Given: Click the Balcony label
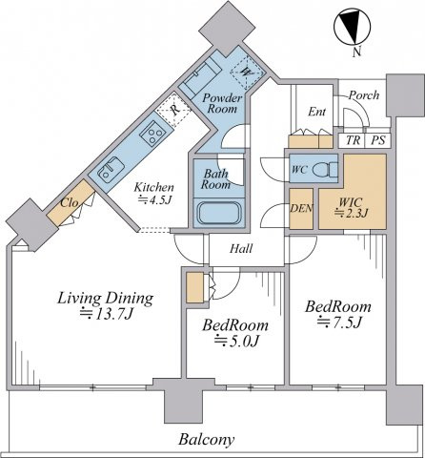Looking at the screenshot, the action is click(x=207, y=440).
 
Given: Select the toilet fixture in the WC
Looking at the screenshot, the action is click(x=325, y=170).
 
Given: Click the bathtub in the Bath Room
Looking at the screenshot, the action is click(x=219, y=213).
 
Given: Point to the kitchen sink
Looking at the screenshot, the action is click(x=111, y=170).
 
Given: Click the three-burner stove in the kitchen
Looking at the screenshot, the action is click(x=152, y=133).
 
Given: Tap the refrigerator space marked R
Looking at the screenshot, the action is click(x=173, y=110).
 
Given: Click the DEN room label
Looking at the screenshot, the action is click(x=301, y=208).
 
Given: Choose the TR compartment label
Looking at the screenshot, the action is click(x=353, y=140).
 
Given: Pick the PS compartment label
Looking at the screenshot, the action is click(x=378, y=140).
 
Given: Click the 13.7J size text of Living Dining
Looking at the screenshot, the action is click(x=106, y=314).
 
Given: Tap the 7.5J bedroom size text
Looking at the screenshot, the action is click(x=339, y=323).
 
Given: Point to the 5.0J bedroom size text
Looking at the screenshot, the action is click(x=236, y=342).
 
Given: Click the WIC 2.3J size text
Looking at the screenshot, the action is click(x=352, y=213).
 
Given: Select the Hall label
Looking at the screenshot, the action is click(x=241, y=248).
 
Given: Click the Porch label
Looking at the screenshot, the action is click(x=364, y=95).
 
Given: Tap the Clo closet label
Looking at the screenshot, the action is click(x=70, y=202).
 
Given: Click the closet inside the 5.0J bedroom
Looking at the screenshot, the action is click(x=194, y=287).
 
